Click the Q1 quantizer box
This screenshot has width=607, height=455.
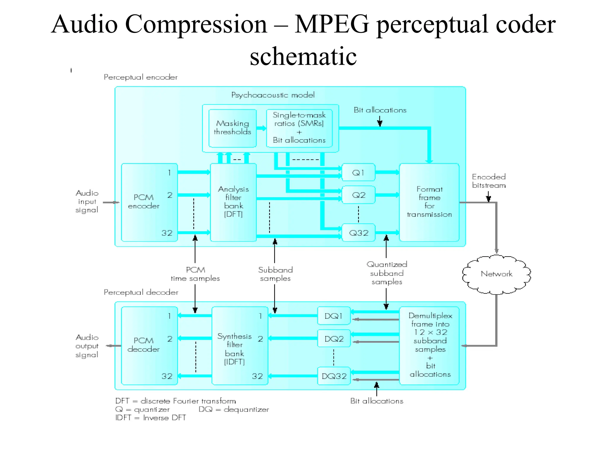coord(358,172)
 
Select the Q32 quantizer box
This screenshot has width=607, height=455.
coord(358,233)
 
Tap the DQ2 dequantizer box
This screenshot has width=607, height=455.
coord(334,339)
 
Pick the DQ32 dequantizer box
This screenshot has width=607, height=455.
coord(334,376)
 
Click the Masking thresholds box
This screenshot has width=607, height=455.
coord(232,128)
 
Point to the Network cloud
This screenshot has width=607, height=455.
coord(496,274)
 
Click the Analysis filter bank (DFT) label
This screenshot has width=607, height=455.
coord(233,201)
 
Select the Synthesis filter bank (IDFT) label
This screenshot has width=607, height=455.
coord(234,349)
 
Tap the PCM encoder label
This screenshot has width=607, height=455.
coord(143,201)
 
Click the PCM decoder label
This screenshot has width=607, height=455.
coord(143,345)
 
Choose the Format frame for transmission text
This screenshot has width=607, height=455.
coord(429,201)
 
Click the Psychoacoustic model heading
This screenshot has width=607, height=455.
coord(273,95)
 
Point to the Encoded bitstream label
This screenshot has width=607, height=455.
coord(489,181)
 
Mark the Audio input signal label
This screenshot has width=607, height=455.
coord(87,201)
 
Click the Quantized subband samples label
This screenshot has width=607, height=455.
coord(387,273)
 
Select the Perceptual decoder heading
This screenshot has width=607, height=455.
coord(141,292)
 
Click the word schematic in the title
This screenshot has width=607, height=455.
coord(303,56)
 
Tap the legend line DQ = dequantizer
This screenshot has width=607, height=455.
coord(234,409)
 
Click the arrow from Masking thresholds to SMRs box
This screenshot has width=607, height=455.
coord(261,128)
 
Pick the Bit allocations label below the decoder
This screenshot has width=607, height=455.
coord(377,401)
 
